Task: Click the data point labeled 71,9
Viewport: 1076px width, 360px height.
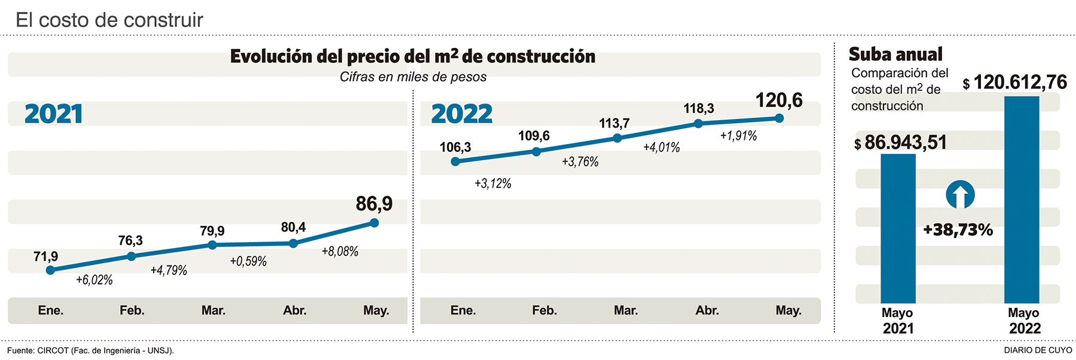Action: point(50,270)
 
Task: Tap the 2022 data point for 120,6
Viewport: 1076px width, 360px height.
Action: point(779,118)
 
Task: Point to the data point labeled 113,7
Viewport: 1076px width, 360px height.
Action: point(618,138)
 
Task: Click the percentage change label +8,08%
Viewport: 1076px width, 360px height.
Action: point(340,252)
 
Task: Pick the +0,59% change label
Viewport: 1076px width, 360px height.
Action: point(248,261)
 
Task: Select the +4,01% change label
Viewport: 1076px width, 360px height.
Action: point(661,148)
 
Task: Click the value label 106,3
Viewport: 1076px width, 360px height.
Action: point(455,147)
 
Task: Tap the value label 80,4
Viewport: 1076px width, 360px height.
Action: point(293,227)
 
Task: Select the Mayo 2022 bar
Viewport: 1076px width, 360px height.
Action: point(1022,200)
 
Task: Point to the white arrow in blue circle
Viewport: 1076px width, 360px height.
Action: point(960,194)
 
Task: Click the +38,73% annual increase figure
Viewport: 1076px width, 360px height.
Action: point(958,230)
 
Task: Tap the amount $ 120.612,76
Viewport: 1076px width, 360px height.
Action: point(1014,83)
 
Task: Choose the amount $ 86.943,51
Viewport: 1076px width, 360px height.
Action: point(900,143)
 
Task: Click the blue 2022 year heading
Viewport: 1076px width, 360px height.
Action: point(461,114)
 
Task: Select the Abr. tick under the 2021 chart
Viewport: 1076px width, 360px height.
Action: point(295,310)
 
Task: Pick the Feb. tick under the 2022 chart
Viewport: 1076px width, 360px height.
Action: point(545,310)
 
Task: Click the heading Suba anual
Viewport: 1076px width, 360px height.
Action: point(895,54)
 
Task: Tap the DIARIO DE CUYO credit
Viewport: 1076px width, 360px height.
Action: point(1038,350)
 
